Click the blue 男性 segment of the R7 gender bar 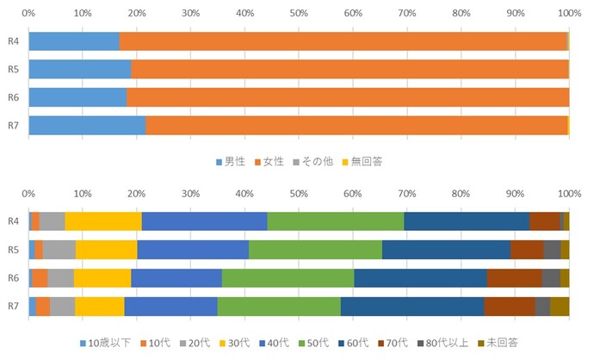click(x=87, y=125)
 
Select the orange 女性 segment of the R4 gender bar click(x=343, y=40)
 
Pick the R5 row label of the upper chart click(x=14, y=69)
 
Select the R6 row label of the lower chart click(x=14, y=277)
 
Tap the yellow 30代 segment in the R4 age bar click(x=102, y=221)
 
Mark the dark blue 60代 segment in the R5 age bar click(x=445, y=250)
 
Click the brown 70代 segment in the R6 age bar click(x=514, y=277)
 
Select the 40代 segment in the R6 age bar click(x=176, y=277)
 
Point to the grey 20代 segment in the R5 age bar click(x=59, y=250)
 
